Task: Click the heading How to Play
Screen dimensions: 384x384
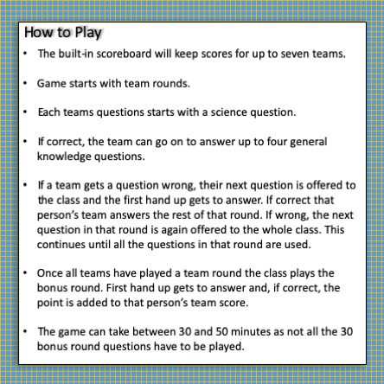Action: click(x=63, y=34)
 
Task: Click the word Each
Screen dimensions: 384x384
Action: click(x=50, y=112)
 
